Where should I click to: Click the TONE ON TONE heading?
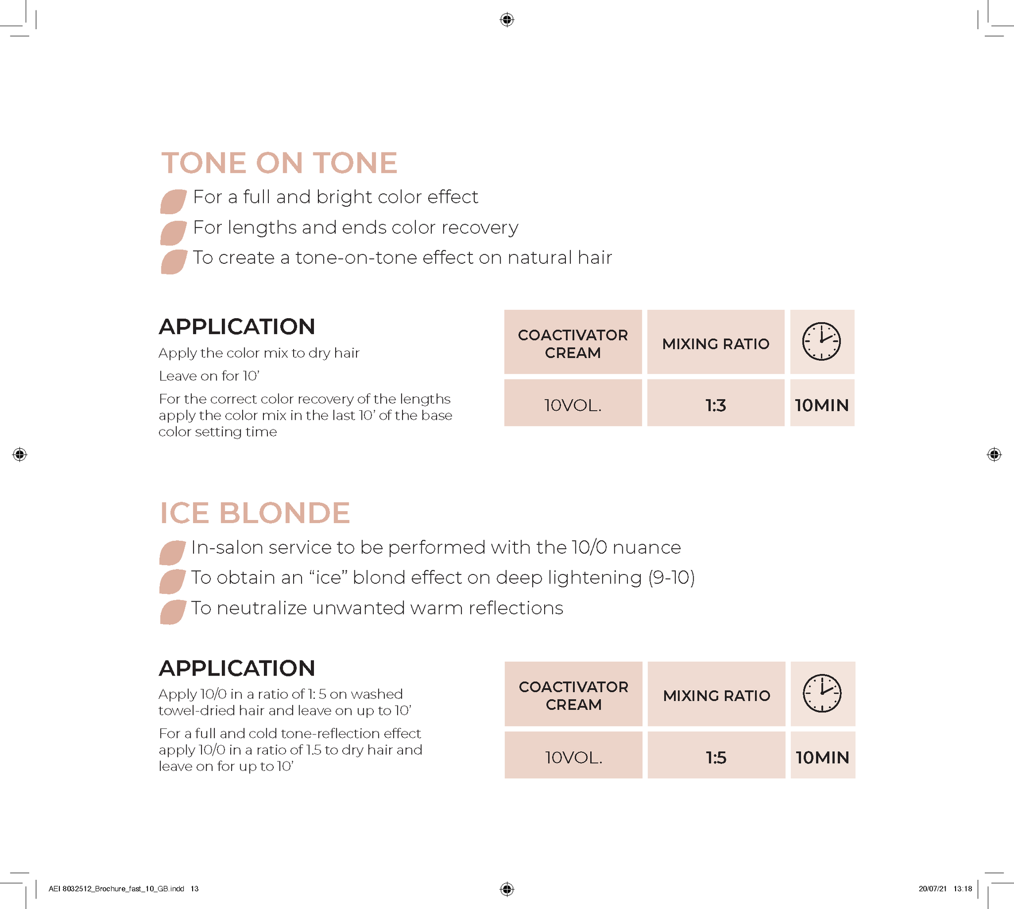[x=279, y=163]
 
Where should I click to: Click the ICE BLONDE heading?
[x=255, y=513]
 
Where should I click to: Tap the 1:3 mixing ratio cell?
[x=715, y=405]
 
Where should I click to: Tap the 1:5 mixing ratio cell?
[x=715, y=757]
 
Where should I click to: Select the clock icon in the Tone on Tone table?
[x=821, y=341]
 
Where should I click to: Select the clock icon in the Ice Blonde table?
[x=821, y=693]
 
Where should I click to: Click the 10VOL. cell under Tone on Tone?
[x=573, y=405]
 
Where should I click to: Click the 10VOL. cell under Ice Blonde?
[x=573, y=757]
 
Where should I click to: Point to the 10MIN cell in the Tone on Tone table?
[x=821, y=405]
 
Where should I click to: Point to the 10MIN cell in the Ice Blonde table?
[x=822, y=757]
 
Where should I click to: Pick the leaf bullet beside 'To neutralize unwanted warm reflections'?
[x=172, y=612]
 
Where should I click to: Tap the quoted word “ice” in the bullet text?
[x=328, y=577]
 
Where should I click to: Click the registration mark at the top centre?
[x=507, y=19]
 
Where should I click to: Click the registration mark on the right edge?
[x=994, y=454]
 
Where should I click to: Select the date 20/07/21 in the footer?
[x=932, y=889]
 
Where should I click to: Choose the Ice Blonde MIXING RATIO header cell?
[x=716, y=695]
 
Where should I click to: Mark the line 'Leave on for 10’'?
[x=209, y=376]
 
